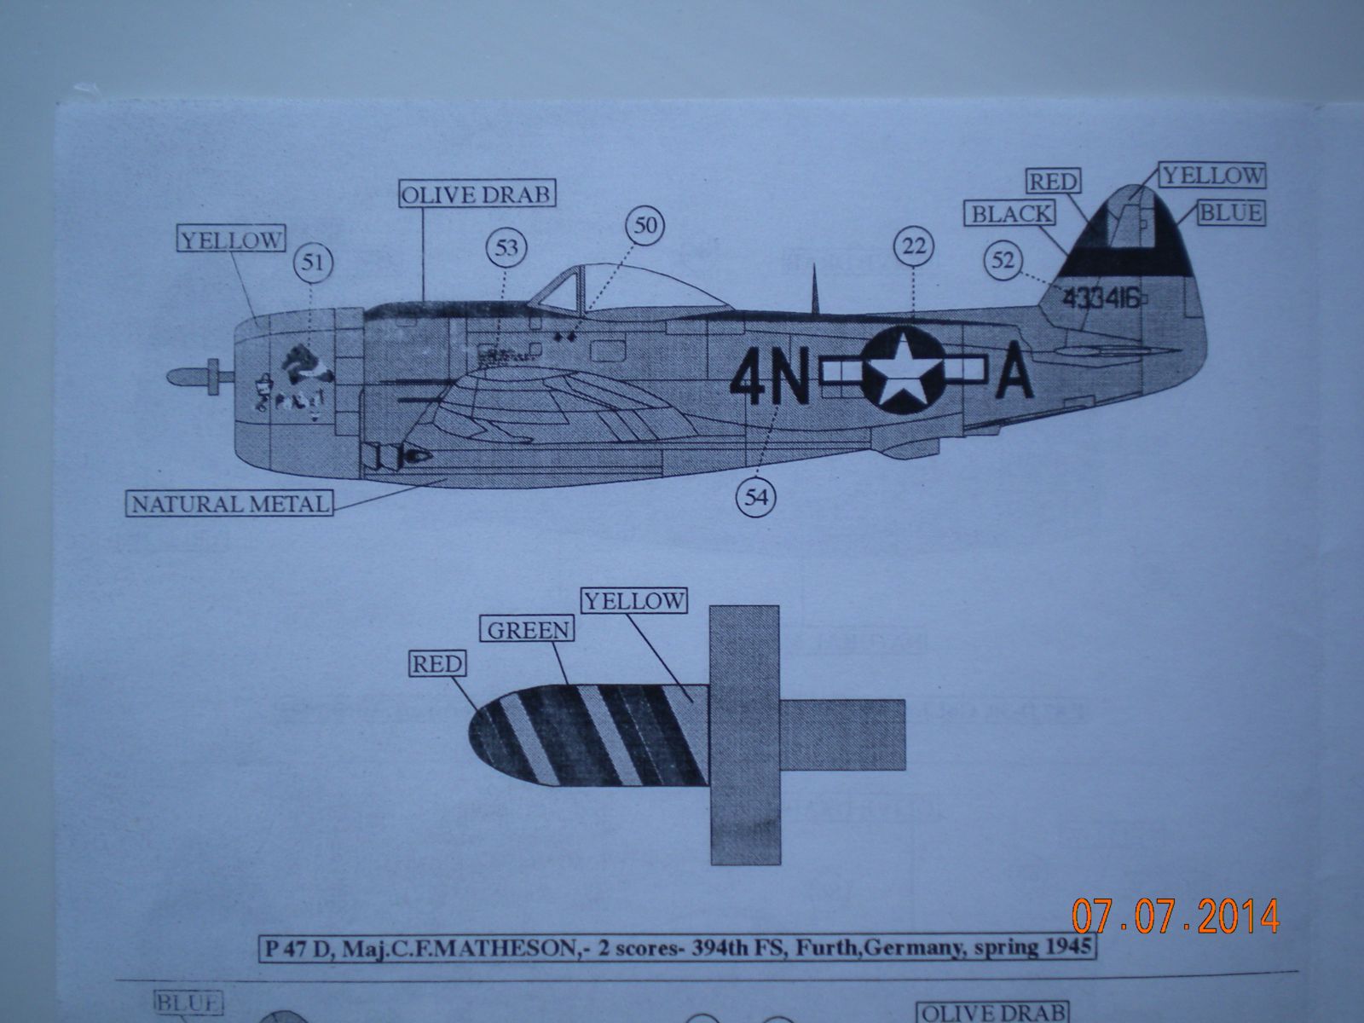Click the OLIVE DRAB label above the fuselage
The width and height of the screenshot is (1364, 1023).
[477, 194]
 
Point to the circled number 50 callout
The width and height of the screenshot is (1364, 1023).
[644, 226]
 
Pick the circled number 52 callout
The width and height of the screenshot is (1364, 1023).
[1003, 260]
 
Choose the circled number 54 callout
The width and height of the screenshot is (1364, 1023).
[756, 499]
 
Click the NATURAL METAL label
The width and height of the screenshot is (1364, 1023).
[230, 504]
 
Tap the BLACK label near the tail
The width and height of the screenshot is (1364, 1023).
[1011, 213]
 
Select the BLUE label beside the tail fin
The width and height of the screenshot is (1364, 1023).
[1230, 212]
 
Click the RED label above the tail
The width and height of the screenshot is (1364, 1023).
[1054, 182]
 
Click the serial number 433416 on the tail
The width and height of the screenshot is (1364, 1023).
[1101, 298]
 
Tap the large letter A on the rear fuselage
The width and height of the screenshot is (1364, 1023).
[1015, 375]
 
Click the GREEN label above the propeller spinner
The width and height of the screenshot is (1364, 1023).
[529, 631]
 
